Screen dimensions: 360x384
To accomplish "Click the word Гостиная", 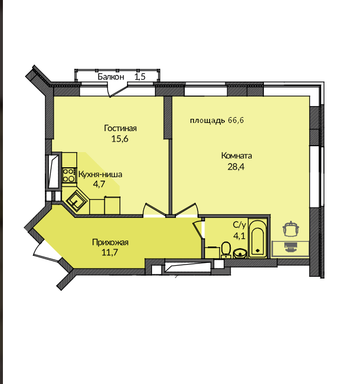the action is pos(120,128).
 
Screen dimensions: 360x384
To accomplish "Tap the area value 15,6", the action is pos(120,139).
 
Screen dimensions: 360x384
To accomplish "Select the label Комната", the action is pos(237,156).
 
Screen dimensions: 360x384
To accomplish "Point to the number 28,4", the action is pos(236,167).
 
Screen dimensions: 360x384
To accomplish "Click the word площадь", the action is pos(207,121).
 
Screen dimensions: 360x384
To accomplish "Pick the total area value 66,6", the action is pos(236,120).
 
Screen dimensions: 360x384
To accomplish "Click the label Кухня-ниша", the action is pos(100,174).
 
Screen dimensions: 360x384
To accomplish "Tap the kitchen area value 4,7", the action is pos(99,184).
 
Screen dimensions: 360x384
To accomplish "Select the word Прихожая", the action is pos(110,242).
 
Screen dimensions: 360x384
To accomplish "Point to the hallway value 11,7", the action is pos(110,252).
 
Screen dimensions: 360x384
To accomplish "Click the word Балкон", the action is pos(111,77).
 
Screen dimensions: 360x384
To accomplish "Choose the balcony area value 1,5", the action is pos(140,77).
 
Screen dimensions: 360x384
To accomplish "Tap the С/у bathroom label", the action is pos(239,224).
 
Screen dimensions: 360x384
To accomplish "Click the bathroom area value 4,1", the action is pos(239,236).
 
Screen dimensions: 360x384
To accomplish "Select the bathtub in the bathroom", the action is pos(257,238).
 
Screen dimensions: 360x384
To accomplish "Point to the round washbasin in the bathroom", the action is pos(240,253).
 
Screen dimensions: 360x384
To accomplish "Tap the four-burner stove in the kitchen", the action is pos(69,175).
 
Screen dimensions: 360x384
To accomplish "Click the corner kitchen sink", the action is pos(77,202).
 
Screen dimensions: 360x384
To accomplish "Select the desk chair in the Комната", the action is pos(291,229).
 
